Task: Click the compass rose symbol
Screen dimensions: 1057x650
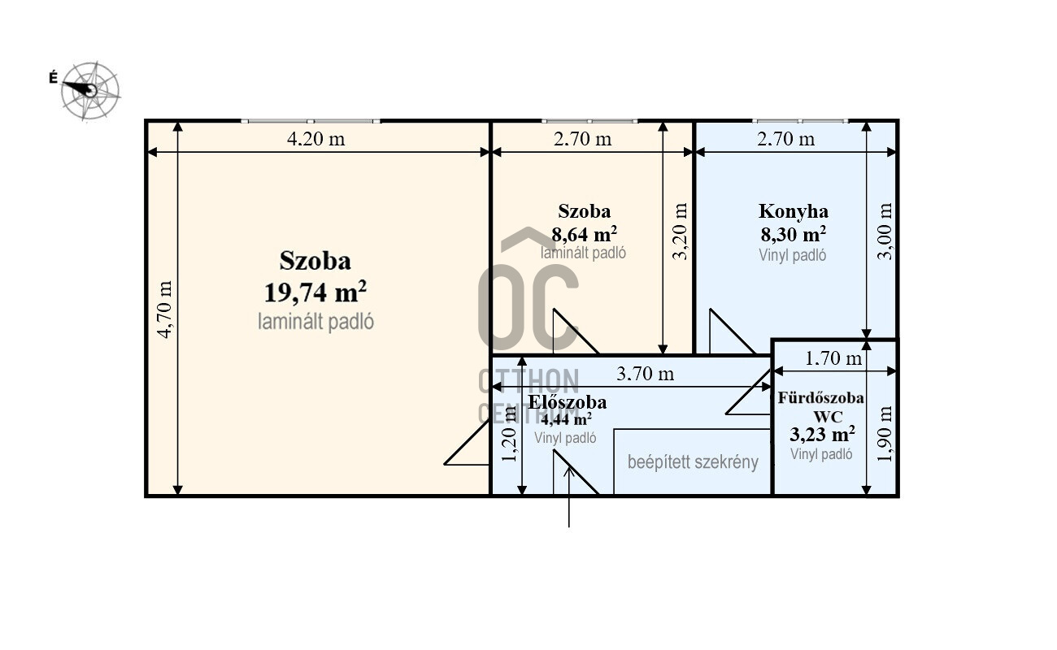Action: pyautogui.click(x=90, y=90)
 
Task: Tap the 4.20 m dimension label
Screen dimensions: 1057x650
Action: pyautogui.click(x=316, y=139)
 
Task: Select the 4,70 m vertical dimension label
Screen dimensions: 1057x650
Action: pyautogui.click(x=165, y=310)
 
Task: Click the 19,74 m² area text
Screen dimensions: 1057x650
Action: pyautogui.click(x=315, y=292)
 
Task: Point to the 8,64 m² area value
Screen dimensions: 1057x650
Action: pyautogui.click(x=584, y=234)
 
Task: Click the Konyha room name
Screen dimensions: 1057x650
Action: pyautogui.click(x=794, y=212)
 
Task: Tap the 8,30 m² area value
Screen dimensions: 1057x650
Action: pyautogui.click(x=794, y=234)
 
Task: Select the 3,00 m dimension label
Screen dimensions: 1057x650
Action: pyautogui.click(x=885, y=231)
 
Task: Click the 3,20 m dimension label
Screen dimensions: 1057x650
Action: pyautogui.click(x=680, y=231)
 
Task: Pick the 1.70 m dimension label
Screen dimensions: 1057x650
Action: pyautogui.click(x=833, y=358)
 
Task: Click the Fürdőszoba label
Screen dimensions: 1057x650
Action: pyautogui.click(x=821, y=397)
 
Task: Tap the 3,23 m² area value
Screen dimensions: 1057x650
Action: pyautogui.click(x=823, y=434)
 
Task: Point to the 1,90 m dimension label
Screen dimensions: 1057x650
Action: pyautogui.click(x=885, y=434)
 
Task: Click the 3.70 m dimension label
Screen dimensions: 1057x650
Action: pyautogui.click(x=646, y=374)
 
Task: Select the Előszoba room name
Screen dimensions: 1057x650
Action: pyautogui.click(x=568, y=402)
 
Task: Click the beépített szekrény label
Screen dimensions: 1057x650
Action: pyautogui.click(x=693, y=461)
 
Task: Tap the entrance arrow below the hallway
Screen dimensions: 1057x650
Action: pyautogui.click(x=569, y=496)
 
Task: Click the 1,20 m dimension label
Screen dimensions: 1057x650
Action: pyautogui.click(x=510, y=434)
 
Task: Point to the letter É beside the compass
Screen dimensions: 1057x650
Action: pyautogui.click(x=54, y=77)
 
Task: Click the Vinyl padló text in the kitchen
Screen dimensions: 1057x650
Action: pyautogui.click(x=792, y=255)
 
